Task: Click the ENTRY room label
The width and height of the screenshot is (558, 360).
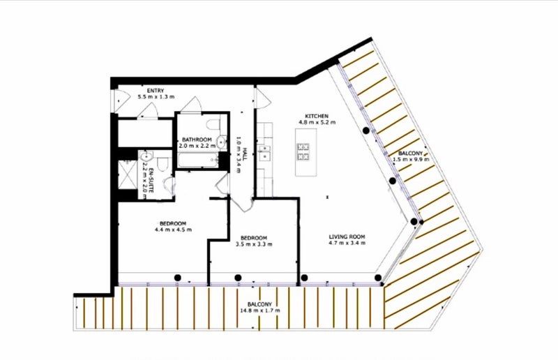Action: point(156,91)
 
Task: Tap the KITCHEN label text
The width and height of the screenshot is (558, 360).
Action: point(317,116)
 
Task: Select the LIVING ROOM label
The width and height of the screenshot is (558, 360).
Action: point(347,237)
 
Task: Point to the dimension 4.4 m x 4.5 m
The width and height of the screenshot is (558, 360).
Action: point(173,230)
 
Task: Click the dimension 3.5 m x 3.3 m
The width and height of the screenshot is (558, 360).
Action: point(254,244)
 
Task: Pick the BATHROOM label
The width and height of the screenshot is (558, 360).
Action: point(197,140)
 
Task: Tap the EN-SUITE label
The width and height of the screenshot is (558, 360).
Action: point(151,180)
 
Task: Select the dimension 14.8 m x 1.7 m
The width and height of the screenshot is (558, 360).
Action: point(259,310)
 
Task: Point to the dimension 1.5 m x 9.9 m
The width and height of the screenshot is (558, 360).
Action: point(411,159)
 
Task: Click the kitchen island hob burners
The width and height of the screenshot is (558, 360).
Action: point(303,151)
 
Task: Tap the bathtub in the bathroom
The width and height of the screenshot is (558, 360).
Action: point(198,160)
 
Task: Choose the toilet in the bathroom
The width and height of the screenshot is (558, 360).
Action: point(213,124)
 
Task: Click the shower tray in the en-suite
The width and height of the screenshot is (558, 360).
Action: point(127,174)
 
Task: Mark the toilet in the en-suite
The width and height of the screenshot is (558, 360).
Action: point(162,164)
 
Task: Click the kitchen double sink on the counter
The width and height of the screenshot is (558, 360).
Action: point(264,152)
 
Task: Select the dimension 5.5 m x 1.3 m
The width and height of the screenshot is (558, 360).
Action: point(156,97)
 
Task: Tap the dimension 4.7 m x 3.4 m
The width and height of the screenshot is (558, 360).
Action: point(347,243)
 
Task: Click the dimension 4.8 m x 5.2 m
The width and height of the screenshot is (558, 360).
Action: point(317,123)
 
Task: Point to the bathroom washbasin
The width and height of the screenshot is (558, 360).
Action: point(222,142)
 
